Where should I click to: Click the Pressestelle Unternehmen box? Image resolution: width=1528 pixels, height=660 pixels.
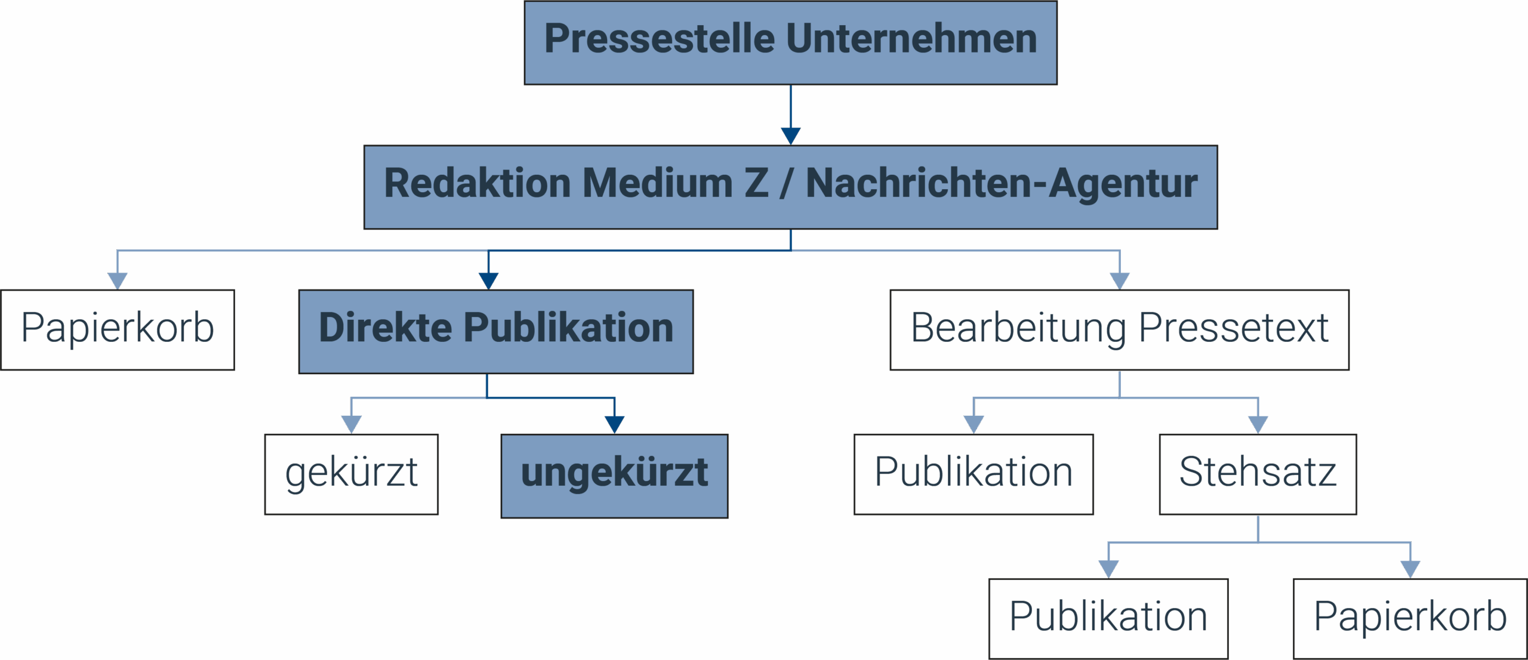(x=790, y=42)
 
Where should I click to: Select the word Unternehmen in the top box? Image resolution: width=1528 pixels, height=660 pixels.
(x=911, y=39)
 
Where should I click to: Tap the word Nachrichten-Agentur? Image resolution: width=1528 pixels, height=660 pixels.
(x=1002, y=183)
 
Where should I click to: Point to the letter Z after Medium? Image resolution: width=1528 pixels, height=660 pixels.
(x=756, y=183)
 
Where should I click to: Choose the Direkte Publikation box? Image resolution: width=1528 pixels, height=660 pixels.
(x=496, y=332)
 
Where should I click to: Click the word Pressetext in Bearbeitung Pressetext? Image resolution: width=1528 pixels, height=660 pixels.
(x=1234, y=328)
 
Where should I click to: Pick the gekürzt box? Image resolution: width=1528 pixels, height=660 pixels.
(x=352, y=474)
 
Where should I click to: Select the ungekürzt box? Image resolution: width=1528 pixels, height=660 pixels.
(x=614, y=476)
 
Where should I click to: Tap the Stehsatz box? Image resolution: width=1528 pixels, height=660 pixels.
(x=1258, y=474)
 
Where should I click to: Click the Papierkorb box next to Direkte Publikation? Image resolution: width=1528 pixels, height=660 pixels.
(x=118, y=330)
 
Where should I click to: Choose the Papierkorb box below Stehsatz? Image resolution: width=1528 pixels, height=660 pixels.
(x=1410, y=619)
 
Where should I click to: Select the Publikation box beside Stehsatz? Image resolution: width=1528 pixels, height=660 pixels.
(x=974, y=474)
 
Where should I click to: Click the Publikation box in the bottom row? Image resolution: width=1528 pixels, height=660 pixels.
(x=1108, y=619)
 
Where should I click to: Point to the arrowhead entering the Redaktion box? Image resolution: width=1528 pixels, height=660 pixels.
(x=791, y=136)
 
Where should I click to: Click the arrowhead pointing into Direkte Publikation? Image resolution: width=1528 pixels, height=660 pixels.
(x=488, y=281)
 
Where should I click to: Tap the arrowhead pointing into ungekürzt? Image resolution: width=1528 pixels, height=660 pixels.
(x=614, y=425)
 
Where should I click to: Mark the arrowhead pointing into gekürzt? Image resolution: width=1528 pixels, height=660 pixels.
(x=352, y=425)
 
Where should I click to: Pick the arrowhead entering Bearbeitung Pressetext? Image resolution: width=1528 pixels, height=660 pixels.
(x=1120, y=281)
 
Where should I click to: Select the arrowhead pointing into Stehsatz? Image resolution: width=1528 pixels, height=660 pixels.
(x=1258, y=425)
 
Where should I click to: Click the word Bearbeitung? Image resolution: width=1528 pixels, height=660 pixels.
(x=1018, y=328)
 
